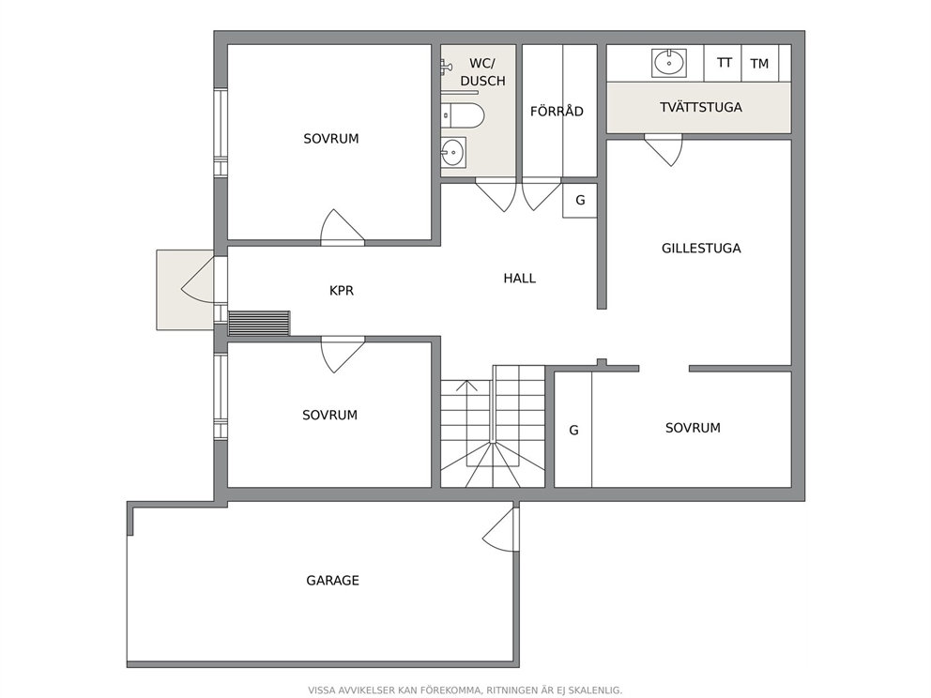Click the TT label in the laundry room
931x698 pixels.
coord(724,62)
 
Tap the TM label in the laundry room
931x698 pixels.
coord(759,64)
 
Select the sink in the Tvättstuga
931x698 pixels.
coord(669,62)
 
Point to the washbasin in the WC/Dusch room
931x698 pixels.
coord(453,153)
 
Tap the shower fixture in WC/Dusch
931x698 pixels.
coord(445,67)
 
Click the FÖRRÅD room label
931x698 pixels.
coord(557,111)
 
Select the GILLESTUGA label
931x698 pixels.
coord(701,248)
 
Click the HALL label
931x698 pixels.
coord(520,279)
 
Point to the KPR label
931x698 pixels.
coord(342,290)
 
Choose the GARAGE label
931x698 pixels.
coord(332,581)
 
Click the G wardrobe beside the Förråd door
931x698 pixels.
coord(580,201)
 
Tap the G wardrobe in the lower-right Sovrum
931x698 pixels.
coord(573,430)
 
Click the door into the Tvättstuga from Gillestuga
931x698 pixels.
coord(664,150)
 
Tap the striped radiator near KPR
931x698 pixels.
coord(259,323)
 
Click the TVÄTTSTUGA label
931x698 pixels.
coord(701,108)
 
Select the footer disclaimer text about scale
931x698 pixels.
coord(465,690)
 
